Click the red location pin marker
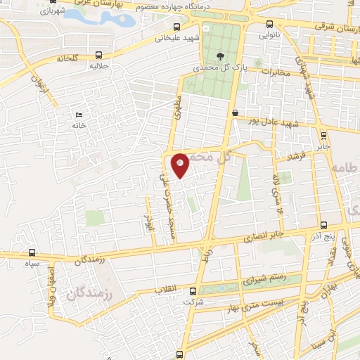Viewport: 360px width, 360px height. click(181, 165)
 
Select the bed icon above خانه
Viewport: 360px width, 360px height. click(79, 115)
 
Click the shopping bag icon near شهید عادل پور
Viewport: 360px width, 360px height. click(235, 112)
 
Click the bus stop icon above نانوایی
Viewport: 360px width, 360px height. click(264, 20)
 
